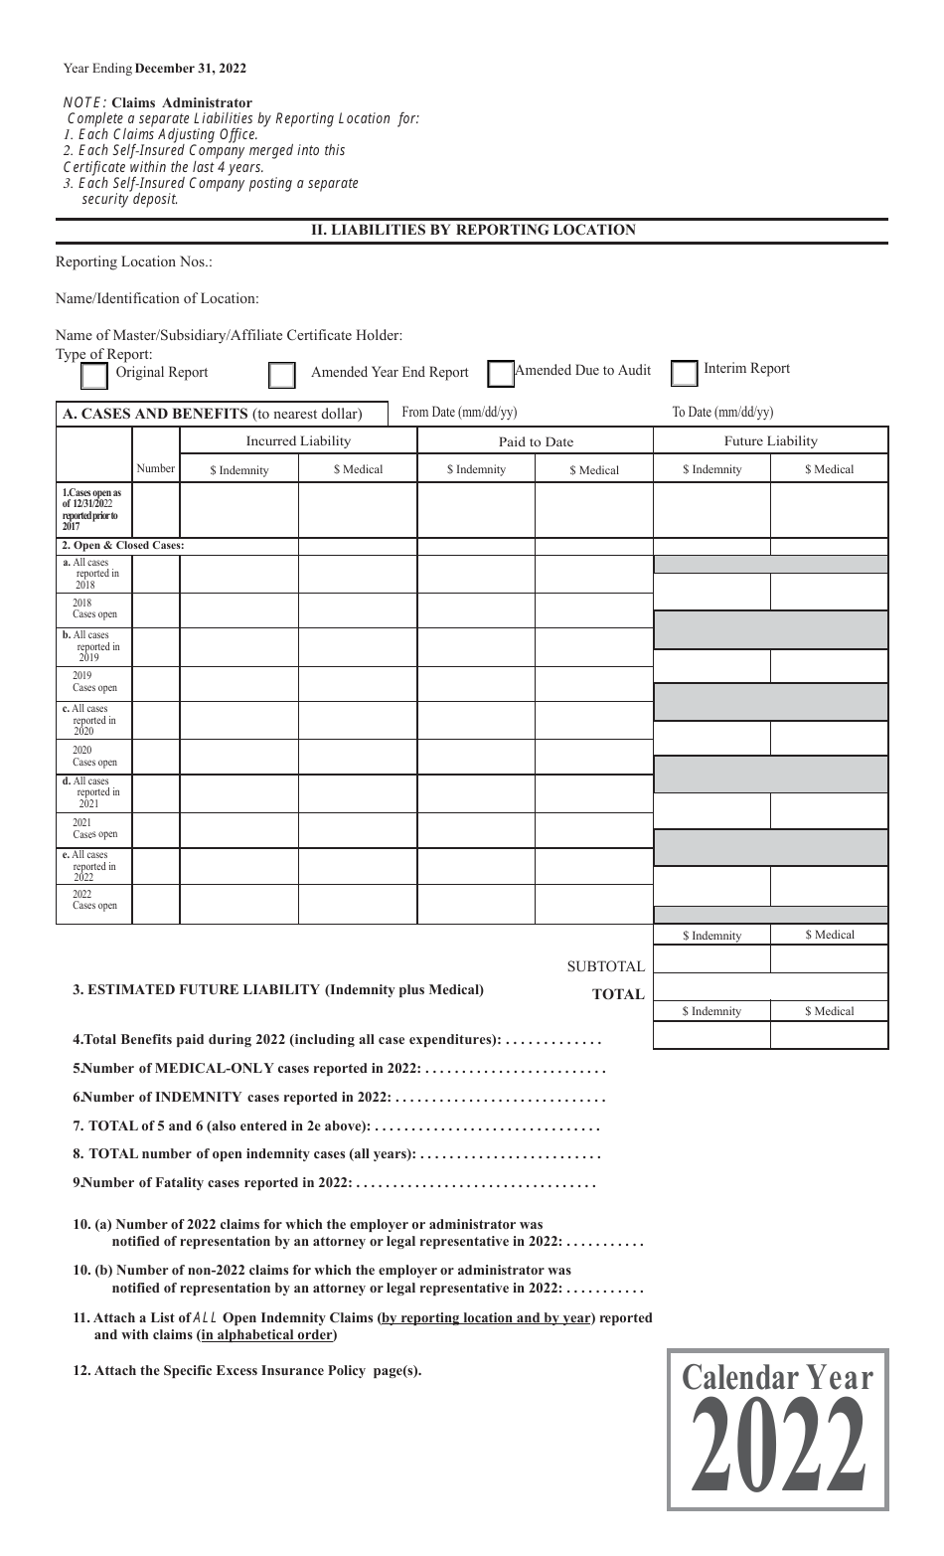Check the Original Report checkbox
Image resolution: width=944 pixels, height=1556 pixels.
[93, 376]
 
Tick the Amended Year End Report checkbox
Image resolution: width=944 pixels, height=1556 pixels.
[282, 375]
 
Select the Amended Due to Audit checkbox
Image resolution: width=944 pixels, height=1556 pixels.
[501, 373]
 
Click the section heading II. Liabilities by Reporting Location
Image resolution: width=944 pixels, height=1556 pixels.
[473, 230]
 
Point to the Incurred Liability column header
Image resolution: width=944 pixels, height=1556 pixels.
[298, 441]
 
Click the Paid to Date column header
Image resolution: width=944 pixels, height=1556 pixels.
[535, 442]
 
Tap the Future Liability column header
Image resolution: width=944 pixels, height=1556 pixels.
[770, 441]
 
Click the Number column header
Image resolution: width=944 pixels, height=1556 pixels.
[156, 468]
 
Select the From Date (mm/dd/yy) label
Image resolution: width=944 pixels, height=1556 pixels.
[459, 413]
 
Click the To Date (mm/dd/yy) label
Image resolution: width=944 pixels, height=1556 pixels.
[722, 413]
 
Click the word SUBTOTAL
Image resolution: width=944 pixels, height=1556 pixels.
[605, 966]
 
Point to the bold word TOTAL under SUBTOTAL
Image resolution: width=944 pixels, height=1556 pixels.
[618, 994]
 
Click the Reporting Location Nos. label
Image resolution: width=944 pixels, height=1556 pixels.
[134, 262]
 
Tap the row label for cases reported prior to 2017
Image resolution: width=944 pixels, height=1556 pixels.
[93, 509]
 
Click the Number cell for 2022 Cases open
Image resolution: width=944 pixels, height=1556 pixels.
[156, 904]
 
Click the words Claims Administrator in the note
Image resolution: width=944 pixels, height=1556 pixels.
[182, 102]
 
